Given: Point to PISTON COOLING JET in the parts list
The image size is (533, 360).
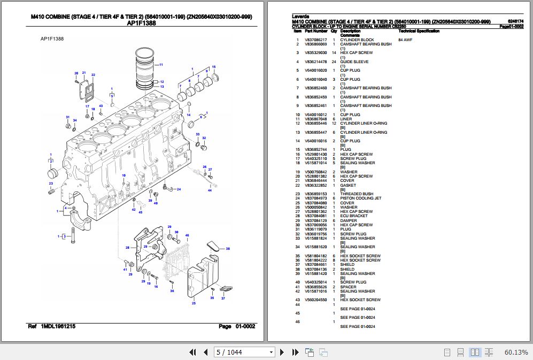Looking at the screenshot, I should click(361, 198).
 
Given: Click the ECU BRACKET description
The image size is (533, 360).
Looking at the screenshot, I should click(354, 216).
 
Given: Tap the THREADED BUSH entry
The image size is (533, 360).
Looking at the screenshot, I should click(357, 194).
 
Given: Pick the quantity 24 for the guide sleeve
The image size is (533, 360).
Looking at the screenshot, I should click(334, 62).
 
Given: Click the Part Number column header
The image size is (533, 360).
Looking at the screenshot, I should click(316, 32).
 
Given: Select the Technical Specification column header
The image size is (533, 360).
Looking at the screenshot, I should click(419, 32).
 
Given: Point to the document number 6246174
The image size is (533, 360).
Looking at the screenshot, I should click(516, 21).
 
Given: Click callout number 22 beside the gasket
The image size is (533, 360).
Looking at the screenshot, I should click(93, 75).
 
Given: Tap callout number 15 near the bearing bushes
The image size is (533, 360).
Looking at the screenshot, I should click(214, 66).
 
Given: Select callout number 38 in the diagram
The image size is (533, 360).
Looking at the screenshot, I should click(227, 249).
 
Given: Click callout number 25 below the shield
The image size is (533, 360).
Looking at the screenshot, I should click(194, 303).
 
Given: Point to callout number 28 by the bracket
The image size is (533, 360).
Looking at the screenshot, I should click(128, 247).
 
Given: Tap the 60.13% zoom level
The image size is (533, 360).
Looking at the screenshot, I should click(516, 352).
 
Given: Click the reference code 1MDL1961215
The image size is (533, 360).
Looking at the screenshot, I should click(58, 326).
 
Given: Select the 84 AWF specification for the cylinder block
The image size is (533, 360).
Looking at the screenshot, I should click(405, 40).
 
